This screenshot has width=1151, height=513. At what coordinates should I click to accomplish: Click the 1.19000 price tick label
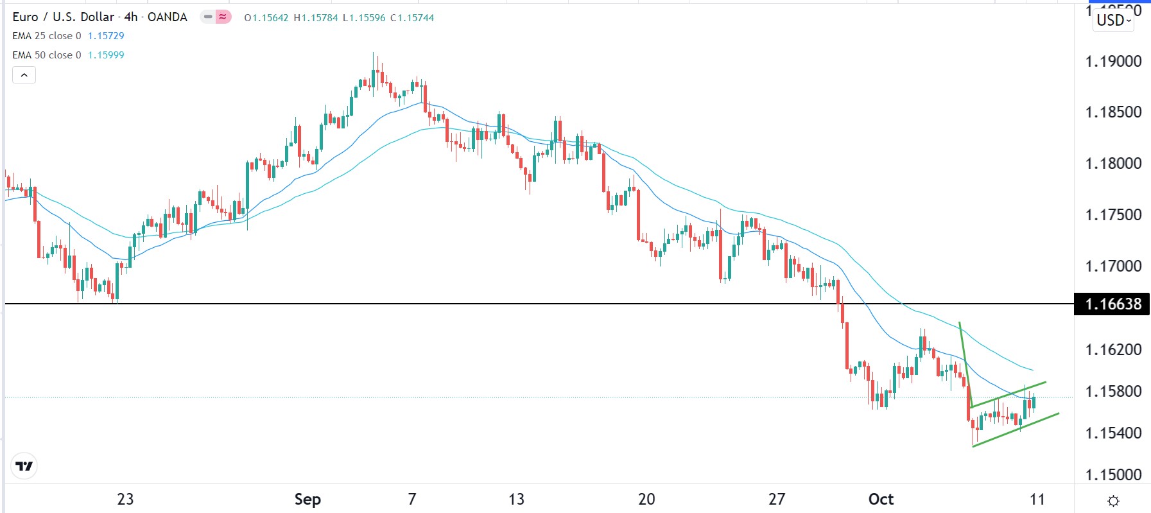point(1112,62)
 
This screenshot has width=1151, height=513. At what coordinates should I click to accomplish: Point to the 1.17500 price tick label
point(1112,215)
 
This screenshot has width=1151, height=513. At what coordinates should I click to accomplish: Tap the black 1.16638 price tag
point(1112,304)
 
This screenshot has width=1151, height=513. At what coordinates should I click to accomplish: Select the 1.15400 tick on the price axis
point(1112,433)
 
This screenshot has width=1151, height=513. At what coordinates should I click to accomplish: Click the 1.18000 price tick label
point(1112,164)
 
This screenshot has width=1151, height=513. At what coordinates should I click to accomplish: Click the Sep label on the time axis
point(307,500)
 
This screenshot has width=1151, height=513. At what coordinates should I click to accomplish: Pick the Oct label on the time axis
point(881,500)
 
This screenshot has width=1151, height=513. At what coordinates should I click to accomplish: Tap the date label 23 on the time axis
point(125,500)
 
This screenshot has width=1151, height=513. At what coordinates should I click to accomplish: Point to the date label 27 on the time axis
point(777,500)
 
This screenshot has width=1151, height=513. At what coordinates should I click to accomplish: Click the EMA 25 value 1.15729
point(106,36)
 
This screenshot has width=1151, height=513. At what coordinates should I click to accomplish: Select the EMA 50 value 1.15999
point(106,55)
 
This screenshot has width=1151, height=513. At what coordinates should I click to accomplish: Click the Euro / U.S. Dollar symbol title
point(64,17)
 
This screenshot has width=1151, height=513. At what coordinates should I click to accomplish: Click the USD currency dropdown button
point(1113,21)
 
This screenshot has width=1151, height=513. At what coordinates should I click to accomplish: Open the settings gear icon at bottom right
point(1114,501)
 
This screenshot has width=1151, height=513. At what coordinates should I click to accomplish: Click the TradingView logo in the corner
point(24,466)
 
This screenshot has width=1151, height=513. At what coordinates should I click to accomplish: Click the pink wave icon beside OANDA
point(223,17)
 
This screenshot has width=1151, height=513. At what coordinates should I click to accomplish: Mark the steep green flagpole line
point(965,364)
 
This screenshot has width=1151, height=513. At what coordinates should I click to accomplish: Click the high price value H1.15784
point(316,18)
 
